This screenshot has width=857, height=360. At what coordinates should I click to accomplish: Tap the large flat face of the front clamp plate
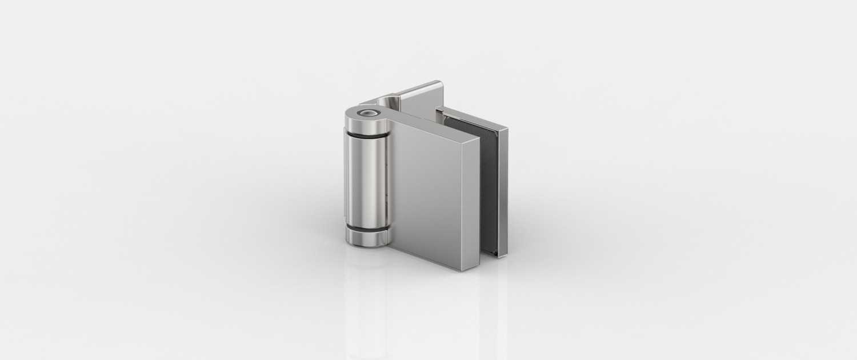(x=434, y=194)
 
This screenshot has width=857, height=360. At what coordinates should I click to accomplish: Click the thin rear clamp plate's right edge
(x=504, y=194)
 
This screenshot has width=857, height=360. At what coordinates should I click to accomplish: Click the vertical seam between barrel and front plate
(x=390, y=183)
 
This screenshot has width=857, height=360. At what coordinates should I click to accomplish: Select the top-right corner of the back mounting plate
(x=441, y=83)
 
